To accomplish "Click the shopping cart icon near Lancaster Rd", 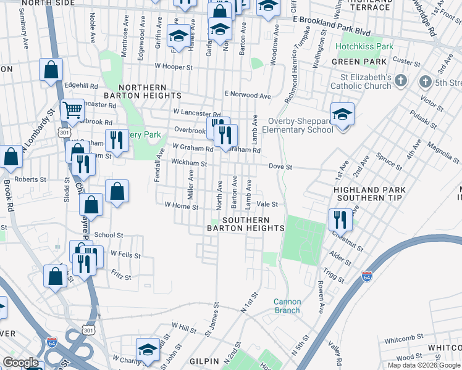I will [x=73, y=110].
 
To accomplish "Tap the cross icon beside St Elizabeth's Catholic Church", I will [x=401, y=81].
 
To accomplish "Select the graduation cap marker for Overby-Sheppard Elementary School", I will [x=342, y=114].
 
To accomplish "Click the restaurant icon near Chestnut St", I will [x=340, y=219].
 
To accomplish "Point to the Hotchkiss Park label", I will [x=364, y=47].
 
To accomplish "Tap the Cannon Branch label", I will [x=287, y=306].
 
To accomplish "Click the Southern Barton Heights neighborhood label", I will [x=246, y=224].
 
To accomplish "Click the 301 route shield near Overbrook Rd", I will [x=64, y=132].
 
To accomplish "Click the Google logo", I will [x=20, y=363].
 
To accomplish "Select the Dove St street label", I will [x=279, y=166].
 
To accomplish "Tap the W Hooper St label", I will [x=174, y=65].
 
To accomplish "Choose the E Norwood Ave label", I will [x=248, y=96].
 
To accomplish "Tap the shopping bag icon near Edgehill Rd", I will [x=51, y=70].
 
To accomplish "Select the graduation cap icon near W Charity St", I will [x=148, y=350].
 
